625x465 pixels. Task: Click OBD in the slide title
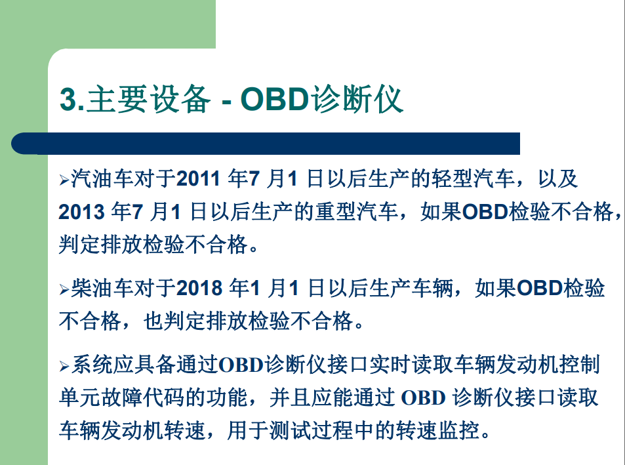point(275,99)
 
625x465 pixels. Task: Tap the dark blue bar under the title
point(266,144)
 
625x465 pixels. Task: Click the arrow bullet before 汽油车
point(64,180)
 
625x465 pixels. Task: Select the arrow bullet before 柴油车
point(64,290)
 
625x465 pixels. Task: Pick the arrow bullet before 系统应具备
point(64,366)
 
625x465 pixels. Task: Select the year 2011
point(199,178)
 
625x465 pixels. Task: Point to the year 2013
point(81,212)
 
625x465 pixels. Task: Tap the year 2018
point(199,288)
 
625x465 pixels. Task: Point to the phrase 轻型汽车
point(473,178)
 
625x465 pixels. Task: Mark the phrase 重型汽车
point(357,212)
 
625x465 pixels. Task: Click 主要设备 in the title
point(148,99)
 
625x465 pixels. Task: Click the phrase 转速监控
point(437,431)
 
